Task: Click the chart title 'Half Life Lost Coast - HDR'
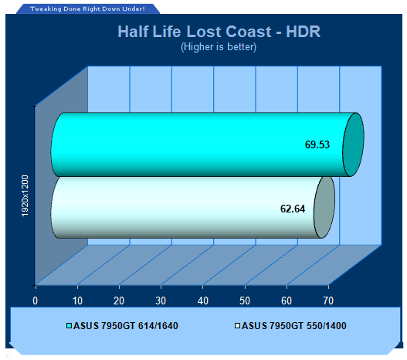coord(219,32)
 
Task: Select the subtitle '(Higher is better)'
coord(219,47)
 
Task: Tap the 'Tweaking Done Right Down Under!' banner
coord(87,8)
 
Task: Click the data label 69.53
coord(317,144)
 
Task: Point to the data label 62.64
coord(293,209)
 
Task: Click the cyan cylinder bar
coord(197,144)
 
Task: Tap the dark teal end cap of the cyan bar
coord(353,144)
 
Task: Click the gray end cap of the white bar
coord(324,207)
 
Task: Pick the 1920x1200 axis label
coord(25,196)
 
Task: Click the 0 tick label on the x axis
coord(36,301)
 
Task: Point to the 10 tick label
coord(77,301)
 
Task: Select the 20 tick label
coord(119,301)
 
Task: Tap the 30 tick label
coord(161,301)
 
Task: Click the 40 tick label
coord(202,301)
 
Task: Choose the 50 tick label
coord(245,301)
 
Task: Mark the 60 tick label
coord(287,301)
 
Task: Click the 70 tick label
coord(328,301)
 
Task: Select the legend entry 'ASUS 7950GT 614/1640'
coord(122,326)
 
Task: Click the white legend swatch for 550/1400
coord(237,325)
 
